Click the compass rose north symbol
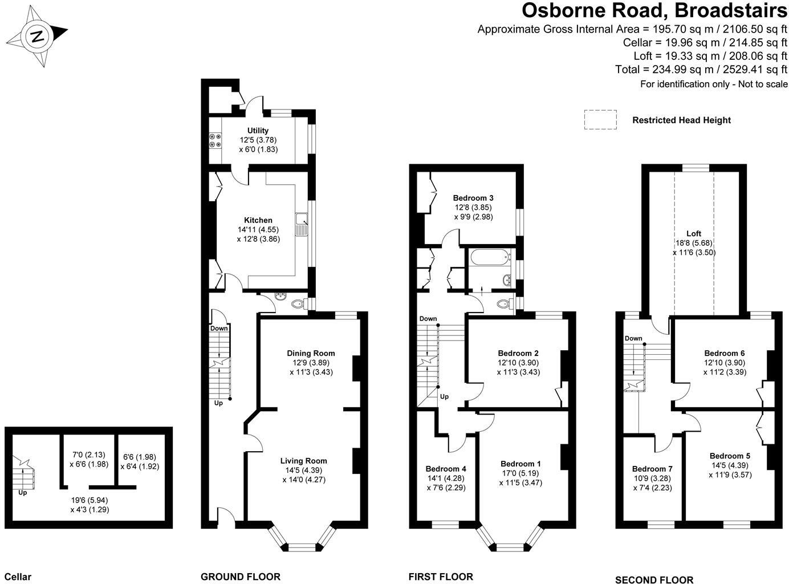[x=38, y=38]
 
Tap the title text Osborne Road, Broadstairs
[x=655, y=10]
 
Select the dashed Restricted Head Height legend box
[x=600, y=120]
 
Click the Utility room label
[x=258, y=131]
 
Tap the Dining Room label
[x=311, y=353]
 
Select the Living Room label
[x=303, y=461]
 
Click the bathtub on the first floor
[x=489, y=258]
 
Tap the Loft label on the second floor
[x=694, y=233]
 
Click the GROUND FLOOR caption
[x=240, y=577]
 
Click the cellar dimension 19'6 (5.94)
[x=90, y=500]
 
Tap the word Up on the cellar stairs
[x=23, y=492]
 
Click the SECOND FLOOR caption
[x=654, y=580]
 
